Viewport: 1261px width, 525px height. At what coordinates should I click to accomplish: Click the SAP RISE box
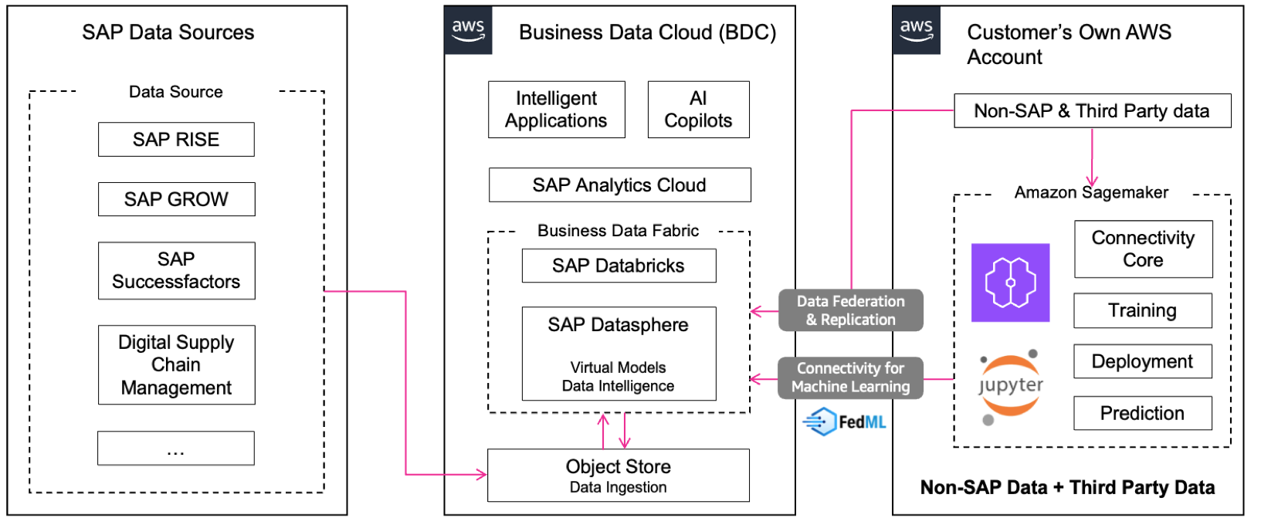(176, 140)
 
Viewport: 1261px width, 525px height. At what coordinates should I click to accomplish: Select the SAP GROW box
(176, 199)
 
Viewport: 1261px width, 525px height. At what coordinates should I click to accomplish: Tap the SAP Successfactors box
(176, 270)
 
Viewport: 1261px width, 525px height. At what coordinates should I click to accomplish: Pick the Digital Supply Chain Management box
(176, 364)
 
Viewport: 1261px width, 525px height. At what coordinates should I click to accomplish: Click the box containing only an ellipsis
(176, 448)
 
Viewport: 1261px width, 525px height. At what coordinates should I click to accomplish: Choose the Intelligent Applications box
(556, 110)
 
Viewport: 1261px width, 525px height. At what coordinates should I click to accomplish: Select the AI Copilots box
(698, 110)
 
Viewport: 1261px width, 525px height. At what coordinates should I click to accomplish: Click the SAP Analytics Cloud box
(619, 185)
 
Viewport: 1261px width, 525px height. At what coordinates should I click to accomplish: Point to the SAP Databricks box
(619, 266)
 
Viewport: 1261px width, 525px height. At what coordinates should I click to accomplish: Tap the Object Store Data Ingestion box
(618, 476)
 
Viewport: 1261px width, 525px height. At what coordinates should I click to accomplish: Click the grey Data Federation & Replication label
(850, 310)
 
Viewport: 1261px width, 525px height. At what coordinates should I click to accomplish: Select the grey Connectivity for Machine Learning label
(850, 378)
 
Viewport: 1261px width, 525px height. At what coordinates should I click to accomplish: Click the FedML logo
(844, 422)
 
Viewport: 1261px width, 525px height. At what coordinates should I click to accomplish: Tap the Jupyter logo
(1010, 387)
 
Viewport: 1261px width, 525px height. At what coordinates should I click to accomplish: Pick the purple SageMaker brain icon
(1010, 283)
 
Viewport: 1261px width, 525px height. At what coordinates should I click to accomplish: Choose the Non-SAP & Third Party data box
(1092, 111)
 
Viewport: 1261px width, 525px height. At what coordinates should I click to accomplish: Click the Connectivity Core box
(1143, 249)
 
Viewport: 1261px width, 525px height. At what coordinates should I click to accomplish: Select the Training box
(1143, 310)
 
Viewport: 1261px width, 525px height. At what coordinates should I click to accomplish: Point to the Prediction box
(1143, 413)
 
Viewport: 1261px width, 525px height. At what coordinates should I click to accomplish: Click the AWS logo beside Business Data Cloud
(468, 31)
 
